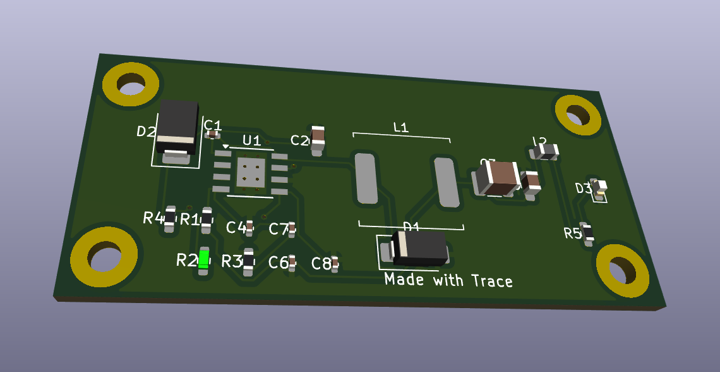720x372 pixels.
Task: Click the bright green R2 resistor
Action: click(x=203, y=259)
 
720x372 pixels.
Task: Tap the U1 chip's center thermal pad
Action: click(x=251, y=172)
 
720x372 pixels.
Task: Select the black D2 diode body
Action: click(x=178, y=125)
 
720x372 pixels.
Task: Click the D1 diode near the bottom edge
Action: click(x=419, y=248)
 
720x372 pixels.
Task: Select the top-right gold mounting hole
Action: click(x=577, y=115)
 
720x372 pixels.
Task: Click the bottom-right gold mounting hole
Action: click(x=622, y=270)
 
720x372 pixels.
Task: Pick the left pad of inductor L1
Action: click(x=365, y=178)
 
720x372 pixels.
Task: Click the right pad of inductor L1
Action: click(x=446, y=182)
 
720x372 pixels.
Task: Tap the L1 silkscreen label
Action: click(x=401, y=127)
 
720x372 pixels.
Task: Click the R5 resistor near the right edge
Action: click(x=587, y=233)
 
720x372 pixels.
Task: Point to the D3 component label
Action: click(x=583, y=188)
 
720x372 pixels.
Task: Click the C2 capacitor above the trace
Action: click(x=318, y=139)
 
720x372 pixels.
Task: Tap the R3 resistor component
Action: click(x=249, y=261)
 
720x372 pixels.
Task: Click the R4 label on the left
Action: click(x=153, y=218)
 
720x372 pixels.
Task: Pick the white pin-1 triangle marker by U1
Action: click(x=225, y=146)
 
